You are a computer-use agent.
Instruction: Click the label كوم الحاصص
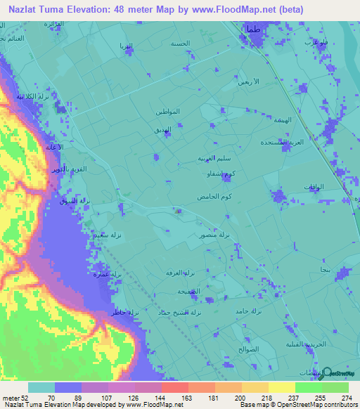211,193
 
